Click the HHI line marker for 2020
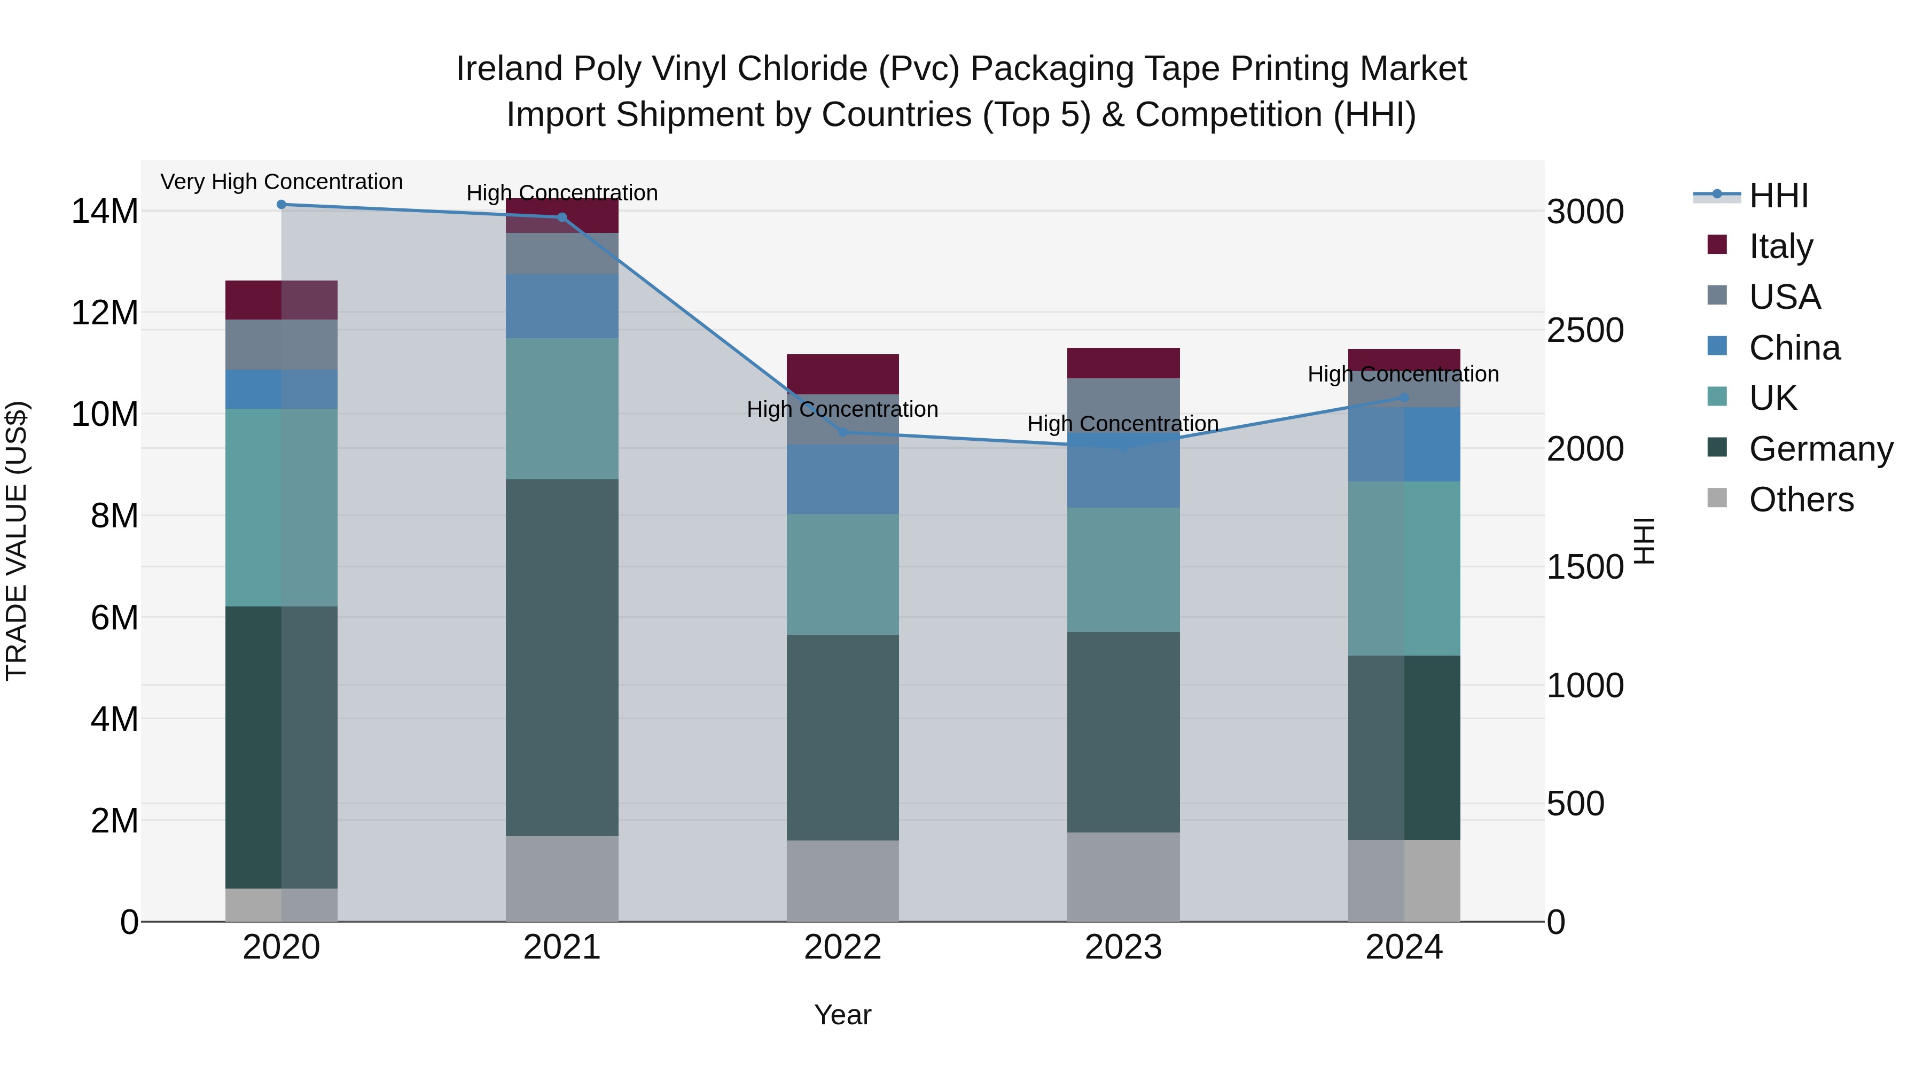282,205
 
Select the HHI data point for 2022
843,432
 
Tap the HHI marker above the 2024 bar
1404,398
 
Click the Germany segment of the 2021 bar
562,657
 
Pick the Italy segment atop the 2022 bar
843,373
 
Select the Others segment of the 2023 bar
1123,877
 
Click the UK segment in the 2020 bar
282,507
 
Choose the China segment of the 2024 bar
1404,445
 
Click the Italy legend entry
1780,246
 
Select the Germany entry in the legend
1820,449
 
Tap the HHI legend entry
1778,196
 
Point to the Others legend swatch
1717,498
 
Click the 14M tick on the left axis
105,211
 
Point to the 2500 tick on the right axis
1585,330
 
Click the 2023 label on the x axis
1123,947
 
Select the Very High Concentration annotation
282,182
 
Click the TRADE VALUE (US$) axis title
17,541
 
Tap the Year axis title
843,1015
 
